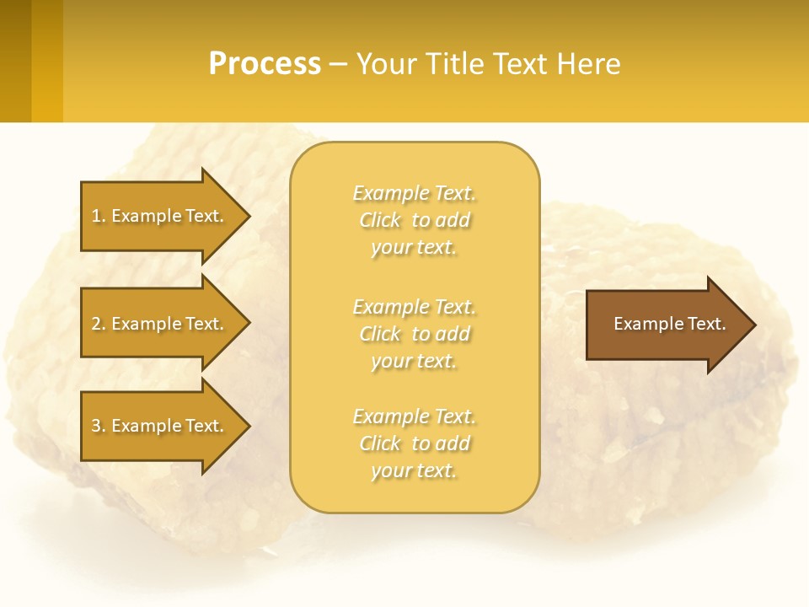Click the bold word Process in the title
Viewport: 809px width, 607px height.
(265, 64)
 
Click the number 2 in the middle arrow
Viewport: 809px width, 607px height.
(96, 324)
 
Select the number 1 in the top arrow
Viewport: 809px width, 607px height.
(96, 216)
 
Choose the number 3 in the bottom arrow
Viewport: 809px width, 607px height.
(96, 426)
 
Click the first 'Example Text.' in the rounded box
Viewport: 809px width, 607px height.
(414, 193)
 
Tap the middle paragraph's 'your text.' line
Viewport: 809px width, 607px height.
(414, 361)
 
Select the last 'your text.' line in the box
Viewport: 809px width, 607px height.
(414, 470)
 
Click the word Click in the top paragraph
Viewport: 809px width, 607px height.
(380, 220)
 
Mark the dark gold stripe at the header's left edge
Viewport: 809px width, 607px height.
(15, 62)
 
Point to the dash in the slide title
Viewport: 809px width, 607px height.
(338, 65)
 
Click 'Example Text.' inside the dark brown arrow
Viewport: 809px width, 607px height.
(669, 324)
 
